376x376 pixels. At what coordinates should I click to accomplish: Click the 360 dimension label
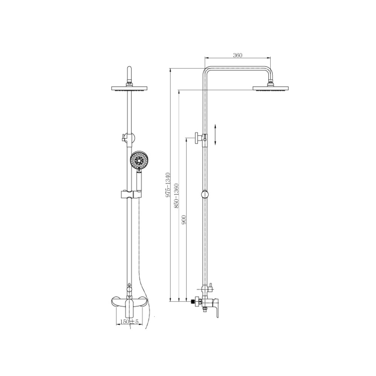point(237,55)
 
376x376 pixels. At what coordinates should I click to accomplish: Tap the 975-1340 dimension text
point(168,185)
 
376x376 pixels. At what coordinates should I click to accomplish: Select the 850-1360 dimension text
point(177,196)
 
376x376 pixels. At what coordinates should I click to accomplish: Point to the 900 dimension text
point(184,220)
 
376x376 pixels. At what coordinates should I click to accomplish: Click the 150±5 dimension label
point(129,321)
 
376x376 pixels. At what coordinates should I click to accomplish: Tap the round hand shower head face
point(139,159)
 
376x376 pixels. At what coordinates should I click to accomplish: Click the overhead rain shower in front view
point(129,88)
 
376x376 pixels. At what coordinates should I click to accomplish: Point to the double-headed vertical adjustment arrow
point(215,135)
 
